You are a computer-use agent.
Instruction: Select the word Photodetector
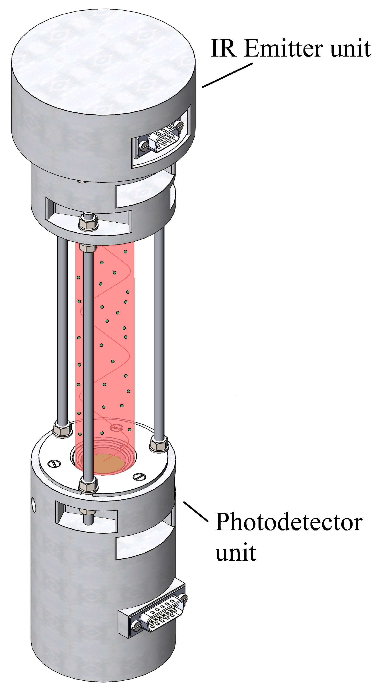(289, 522)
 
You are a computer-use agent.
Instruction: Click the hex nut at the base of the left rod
(62, 429)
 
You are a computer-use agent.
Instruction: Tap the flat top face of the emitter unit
(103, 62)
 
